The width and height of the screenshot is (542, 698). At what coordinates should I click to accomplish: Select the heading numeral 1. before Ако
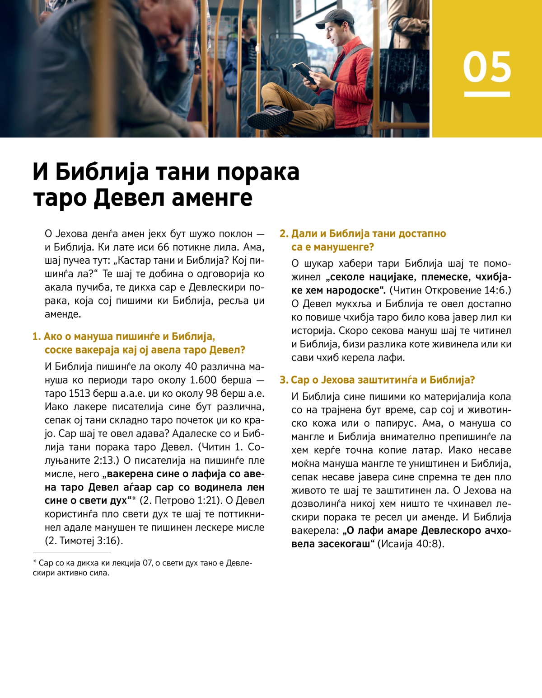coord(37,337)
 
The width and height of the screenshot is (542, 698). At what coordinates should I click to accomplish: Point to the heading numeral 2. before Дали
coord(284,234)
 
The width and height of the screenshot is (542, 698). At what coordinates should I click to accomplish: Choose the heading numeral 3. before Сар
coord(284,380)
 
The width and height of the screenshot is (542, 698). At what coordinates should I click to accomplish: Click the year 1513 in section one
coord(79,394)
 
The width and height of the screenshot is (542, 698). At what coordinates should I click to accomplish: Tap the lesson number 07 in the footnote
coord(147,563)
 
